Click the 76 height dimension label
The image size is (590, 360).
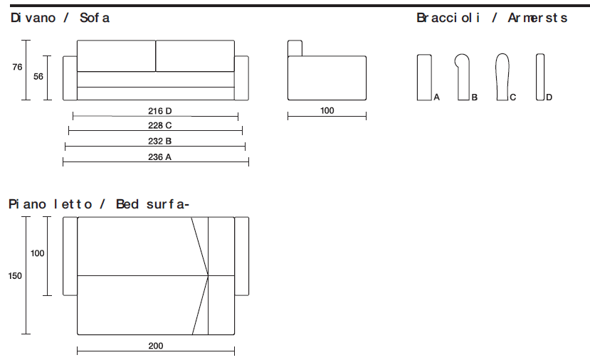[x=17, y=67]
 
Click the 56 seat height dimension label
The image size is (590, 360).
[x=38, y=77]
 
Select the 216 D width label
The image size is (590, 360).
[x=159, y=111]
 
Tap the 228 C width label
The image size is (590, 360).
[x=159, y=125]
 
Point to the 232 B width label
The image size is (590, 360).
[x=159, y=141]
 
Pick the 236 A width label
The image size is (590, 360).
[x=159, y=157]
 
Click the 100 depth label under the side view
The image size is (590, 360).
[x=327, y=110]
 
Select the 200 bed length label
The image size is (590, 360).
[x=156, y=346]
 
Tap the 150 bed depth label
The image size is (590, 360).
[x=15, y=276]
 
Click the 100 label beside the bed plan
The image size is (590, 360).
[x=38, y=253]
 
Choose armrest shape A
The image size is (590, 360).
[x=424, y=78]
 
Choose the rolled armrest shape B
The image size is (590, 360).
[x=463, y=78]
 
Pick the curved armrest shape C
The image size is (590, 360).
[x=502, y=77]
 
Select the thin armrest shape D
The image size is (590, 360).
[x=540, y=77]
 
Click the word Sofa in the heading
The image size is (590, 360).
[x=95, y=18]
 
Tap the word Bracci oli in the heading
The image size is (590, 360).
[x=448, y=18]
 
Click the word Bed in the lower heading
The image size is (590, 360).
[x=127, y=204]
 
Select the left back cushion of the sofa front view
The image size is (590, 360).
[x=116, y=55]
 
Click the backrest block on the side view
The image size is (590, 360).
[x=295, y=48]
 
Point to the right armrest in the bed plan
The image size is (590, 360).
[x=241, y=256]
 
